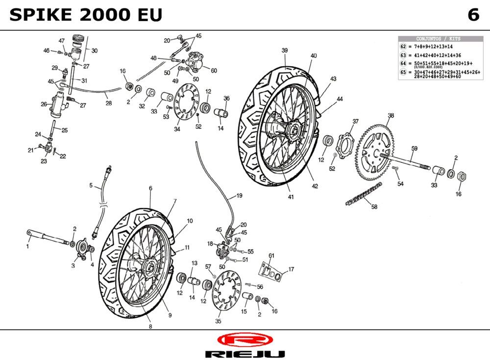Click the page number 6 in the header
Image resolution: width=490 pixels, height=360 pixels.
pyautogui.click(x=473, y=15)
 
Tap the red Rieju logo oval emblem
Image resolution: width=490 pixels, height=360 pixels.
pyautogui.click(x=245, y=339)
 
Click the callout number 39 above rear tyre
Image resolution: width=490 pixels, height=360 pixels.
pyautogui.click(x=284, y=51)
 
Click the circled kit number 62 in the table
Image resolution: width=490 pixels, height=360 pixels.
pyautogui.click(x=403, y=46)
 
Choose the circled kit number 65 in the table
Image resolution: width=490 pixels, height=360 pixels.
pyautogui.click(x=403, y=72)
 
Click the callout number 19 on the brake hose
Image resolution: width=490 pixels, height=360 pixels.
pyautogui.click(x=239, y=196)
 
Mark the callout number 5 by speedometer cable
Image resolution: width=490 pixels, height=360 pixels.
pyautogui.click(x=91, y=185)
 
